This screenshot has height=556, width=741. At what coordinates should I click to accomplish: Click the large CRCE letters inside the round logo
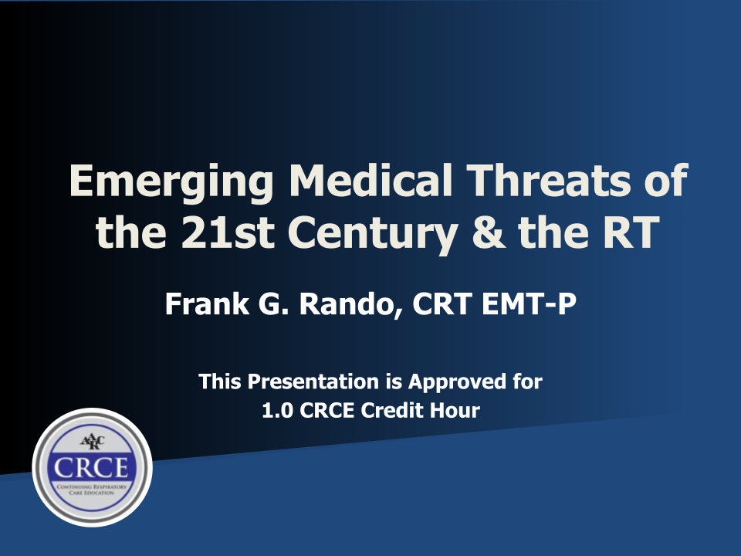93,468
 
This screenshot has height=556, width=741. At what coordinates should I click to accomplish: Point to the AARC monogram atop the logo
92,442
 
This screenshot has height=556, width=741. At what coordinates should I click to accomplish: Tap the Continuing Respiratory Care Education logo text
93,490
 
